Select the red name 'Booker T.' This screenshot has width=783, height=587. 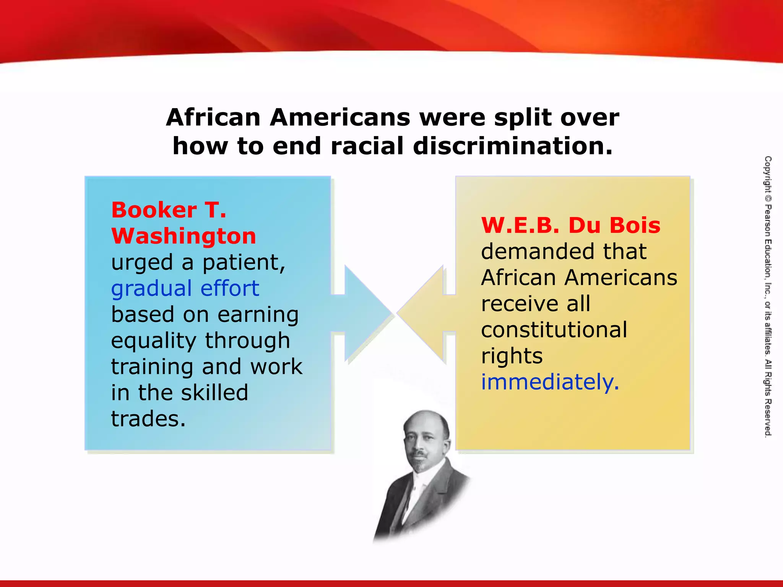click(169, 210)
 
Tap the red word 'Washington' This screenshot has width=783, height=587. click(184, 236)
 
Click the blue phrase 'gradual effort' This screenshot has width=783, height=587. click(185, 288)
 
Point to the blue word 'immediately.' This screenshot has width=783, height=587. click(550, 382)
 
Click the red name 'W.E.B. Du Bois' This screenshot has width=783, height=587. click(570, 225)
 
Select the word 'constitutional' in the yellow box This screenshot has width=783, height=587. click(554, 330)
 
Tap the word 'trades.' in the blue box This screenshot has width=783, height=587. click(148, 418)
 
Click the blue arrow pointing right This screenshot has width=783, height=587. click(363, 313)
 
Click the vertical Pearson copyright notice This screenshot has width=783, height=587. click(768, 296)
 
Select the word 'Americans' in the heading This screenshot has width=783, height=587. click(340, 117)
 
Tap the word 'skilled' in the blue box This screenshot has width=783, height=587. click(214, 392)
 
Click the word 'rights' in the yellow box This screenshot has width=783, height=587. click(512, 356)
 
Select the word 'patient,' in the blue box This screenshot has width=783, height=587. click(244, 263)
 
